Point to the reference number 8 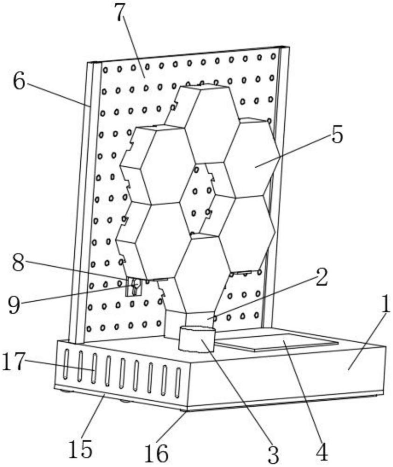[x=18, y=262]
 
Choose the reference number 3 [x=274, y=454]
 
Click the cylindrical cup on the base [x=196, y=339]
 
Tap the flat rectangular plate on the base [x=277, y=340]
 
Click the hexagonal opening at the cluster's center [x=196, y=198]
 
